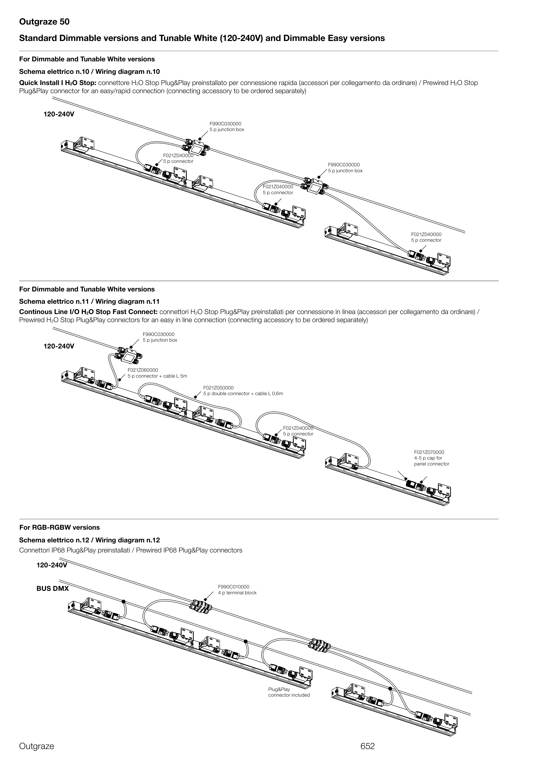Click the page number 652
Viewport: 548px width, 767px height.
click(x=367, y=746)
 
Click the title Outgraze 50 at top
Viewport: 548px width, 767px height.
click(x=44, y=22)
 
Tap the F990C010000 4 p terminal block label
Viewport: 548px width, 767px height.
click(x=237, y=589)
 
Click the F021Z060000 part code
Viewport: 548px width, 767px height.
click(x=143, y=370)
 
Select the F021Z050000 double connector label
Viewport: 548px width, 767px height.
click(x=243, y=391)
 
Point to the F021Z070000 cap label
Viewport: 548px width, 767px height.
click(x=432, y=458)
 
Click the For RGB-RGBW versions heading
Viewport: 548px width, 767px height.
click(x=59, y=527)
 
